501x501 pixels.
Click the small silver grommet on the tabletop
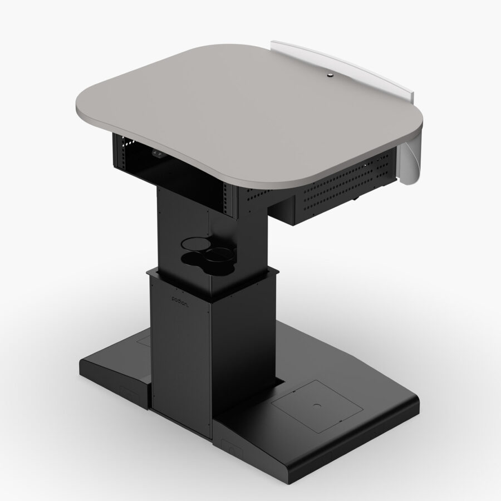331,75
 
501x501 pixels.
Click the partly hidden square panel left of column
144,338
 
